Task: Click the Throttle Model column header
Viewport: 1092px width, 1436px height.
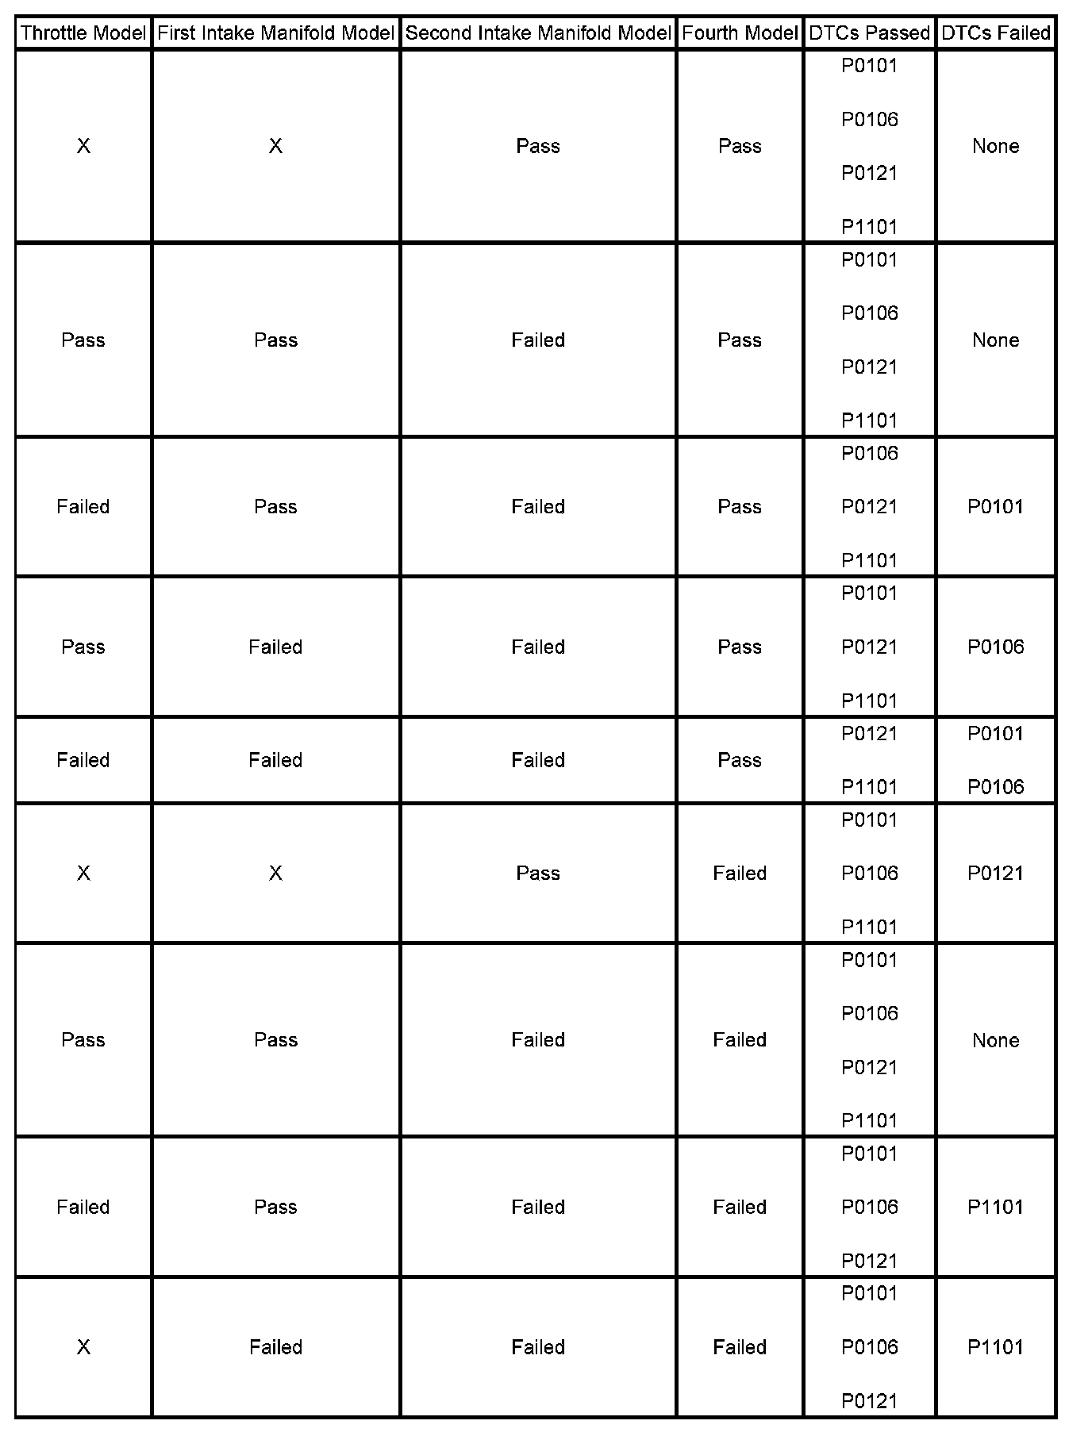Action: tap(83, 33)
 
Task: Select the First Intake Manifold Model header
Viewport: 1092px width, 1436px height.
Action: tap(275, 33)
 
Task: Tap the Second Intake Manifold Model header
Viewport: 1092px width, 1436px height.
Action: tap(538, 33)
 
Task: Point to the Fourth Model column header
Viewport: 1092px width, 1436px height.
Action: tap(740, 33)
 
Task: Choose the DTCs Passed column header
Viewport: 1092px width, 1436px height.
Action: tap(869, 33)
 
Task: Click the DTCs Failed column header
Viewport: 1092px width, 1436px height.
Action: tap(995, 33)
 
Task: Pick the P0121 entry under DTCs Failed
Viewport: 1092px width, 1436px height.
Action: tap(995, 874)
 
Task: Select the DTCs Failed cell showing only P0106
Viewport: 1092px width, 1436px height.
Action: tap(995, 647)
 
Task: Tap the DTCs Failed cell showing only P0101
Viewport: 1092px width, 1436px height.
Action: tap(995, 507)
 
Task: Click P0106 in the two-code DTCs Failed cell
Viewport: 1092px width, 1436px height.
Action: tap(995, 787)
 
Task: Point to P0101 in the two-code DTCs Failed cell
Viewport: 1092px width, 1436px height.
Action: tap(995, 734)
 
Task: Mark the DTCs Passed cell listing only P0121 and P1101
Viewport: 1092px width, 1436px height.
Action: tap(869, 760)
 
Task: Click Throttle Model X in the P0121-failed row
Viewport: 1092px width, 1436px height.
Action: tap(83, 874)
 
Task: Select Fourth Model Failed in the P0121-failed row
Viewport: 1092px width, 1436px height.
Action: tap(740, 874)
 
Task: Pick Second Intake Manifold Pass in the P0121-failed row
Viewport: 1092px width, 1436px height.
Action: tap(538, 874)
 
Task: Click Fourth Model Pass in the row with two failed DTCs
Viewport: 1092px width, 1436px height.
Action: tap(740, 760)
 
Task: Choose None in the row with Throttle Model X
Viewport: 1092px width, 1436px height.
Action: tap(995, 146)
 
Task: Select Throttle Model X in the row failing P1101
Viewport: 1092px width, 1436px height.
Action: tap(83, 1347)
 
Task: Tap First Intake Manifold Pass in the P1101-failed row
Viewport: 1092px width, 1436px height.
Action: tap(275, 1208)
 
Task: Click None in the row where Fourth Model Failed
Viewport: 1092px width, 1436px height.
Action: tap(995, 1040)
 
